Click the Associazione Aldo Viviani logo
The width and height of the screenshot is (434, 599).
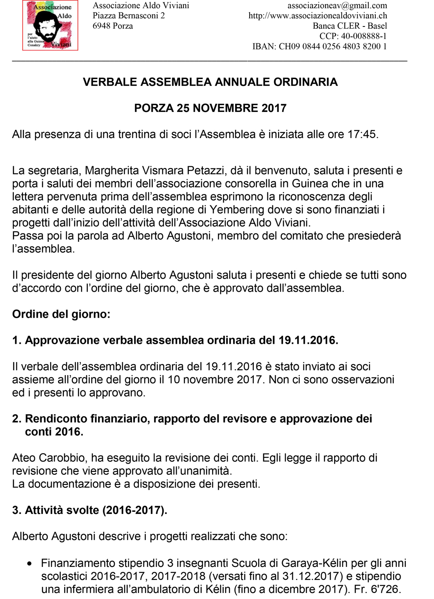coord(50,26)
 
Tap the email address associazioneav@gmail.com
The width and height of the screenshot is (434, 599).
coord(337,6)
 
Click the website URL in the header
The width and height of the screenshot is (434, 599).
coord(317,16)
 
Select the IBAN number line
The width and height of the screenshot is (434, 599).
coord(319,46)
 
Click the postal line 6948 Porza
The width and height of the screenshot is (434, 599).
coord(113,26)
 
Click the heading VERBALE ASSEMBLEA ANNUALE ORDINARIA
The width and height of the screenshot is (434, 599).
coord(210,82)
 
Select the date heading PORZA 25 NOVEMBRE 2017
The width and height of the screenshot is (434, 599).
coord(210,108)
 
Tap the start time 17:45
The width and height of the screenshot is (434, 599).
coord(362,135)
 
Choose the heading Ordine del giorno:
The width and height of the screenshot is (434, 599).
coord(61,314)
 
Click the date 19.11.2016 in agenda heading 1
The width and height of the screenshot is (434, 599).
coord(307,340)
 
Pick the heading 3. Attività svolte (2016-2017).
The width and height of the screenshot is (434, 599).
coord(89,510)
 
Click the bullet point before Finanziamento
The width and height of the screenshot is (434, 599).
coord(30,564)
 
